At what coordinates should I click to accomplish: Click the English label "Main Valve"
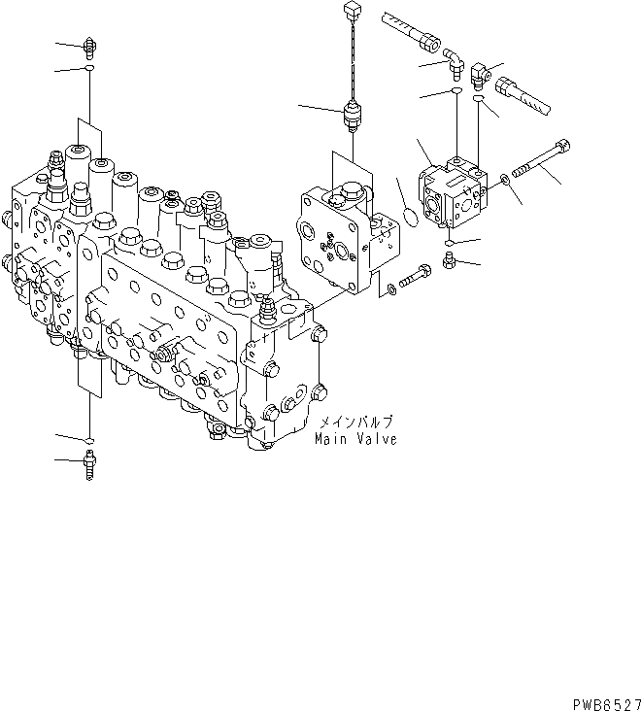point(355,439)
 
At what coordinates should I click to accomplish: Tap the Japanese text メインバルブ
point(356,423)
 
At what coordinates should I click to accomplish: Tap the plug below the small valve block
point(449,259)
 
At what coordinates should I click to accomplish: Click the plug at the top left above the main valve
point(89,45)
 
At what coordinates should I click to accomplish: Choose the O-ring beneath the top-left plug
point(89,70)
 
